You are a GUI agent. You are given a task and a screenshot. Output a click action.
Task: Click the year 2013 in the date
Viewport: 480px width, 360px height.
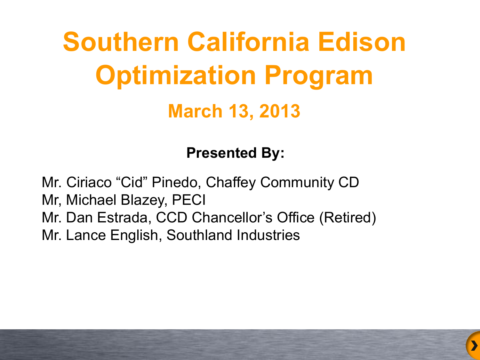tap(280, 111)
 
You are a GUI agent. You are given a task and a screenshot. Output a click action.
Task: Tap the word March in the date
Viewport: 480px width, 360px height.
tap(195, 111)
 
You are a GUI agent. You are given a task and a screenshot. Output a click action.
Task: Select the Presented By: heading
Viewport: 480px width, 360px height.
tap(235, 153)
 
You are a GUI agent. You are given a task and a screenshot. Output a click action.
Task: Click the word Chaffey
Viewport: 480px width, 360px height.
tap(230, 182)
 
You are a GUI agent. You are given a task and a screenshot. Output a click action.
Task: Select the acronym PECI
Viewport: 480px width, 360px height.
tap(189, 200)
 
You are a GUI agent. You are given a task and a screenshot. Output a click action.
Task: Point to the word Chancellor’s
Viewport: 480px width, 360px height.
tap(232, 218)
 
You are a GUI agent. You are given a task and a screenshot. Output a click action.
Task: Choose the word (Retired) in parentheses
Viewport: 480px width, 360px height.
tap(348, 218)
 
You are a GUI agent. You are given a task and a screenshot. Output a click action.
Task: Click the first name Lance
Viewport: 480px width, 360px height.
tap(86, 235)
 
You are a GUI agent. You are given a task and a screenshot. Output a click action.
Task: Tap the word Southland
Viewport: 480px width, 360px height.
tap(199, 235)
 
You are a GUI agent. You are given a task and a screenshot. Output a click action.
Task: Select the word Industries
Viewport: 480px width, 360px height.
tap(268, 235)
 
